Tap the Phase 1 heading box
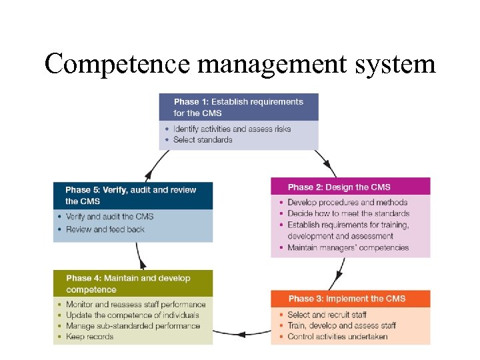click(238, 107)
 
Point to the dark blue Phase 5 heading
click(133, 195)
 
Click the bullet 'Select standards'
click(203, 140)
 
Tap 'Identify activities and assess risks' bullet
click(231, 129)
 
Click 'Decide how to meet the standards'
click(348, 213)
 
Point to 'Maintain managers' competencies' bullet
click(348, 248)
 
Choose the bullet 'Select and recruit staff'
click(327, 315)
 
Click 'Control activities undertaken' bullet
click(337, 337)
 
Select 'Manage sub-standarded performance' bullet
click(133, 326)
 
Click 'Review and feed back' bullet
click(105, 229)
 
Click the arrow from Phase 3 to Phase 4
click(241, 331)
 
